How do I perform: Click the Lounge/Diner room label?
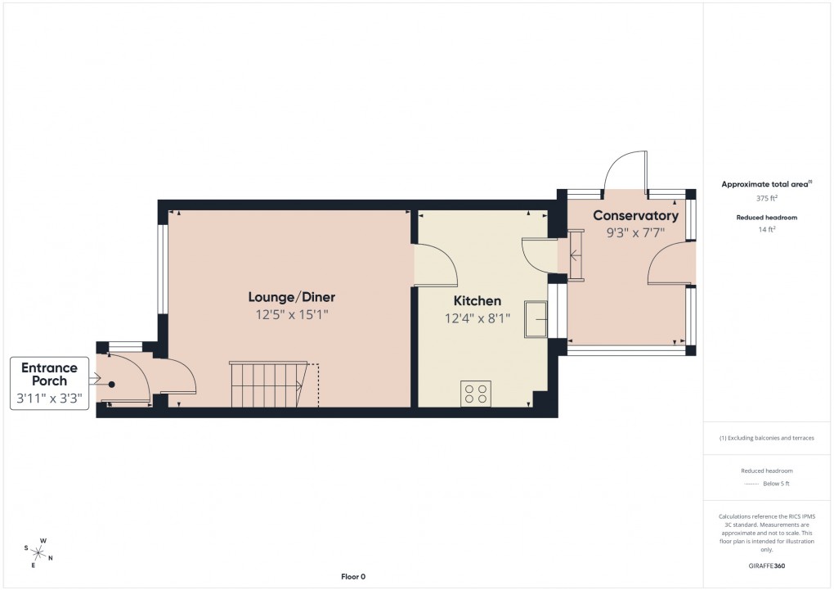click(x=292, y=297)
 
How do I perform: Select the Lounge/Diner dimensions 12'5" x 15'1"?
click(x=292, y=313)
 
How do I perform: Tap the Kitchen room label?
click(x=478, y=301)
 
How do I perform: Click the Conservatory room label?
click(x=635, y=216)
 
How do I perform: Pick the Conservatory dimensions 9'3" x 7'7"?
click(x=635, y=232)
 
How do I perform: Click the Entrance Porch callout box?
click(x=49, y=382)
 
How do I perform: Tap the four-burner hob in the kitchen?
click(x=476, y=393)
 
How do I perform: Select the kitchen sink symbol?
click(x=536, y=318)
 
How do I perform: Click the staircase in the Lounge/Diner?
click(x=267, y=385)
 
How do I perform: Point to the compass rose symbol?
click(x=39, y=552)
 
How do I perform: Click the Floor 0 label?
click(x=353, y=577)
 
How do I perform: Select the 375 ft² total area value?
click(x=767, y=198)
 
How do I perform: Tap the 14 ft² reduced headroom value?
click(x=767, y=230)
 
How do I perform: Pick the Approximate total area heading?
click(x=765, y=185)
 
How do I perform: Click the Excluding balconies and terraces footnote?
click(x=767, y=438)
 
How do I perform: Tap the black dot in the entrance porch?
click(x=112, y=384)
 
